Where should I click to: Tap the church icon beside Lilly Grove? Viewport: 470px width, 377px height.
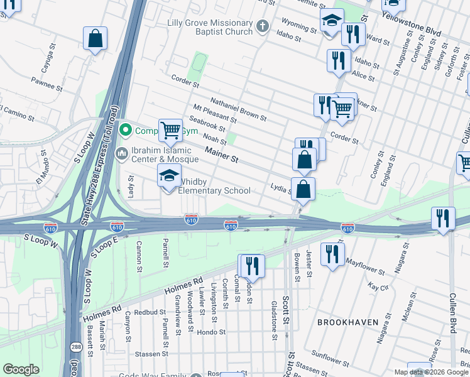[263, 26]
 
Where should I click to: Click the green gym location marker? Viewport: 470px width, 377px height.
[125, 131]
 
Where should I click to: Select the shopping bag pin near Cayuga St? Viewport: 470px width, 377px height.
[94, 39]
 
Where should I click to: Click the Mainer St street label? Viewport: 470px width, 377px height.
[222, 155]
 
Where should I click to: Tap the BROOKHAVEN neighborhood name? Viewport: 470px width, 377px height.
[347, 322]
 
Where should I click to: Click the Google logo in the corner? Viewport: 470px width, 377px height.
[21, 369]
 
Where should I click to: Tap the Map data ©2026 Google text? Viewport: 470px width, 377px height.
[431, 373]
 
